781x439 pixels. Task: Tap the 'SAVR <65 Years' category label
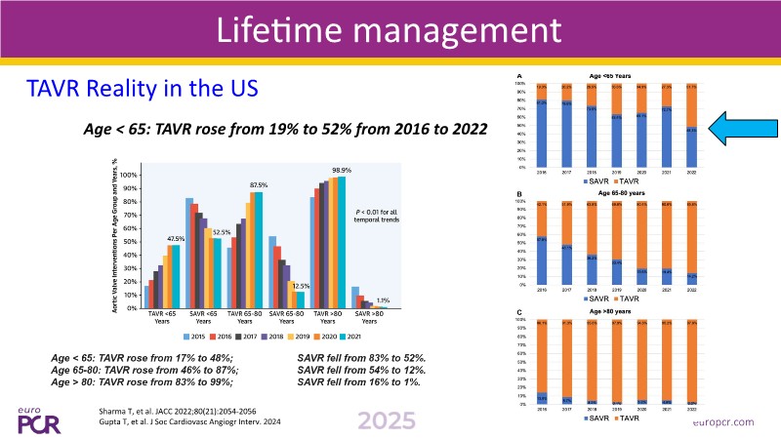coord(203,316)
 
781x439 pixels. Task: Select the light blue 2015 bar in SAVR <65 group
coord(188,253)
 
